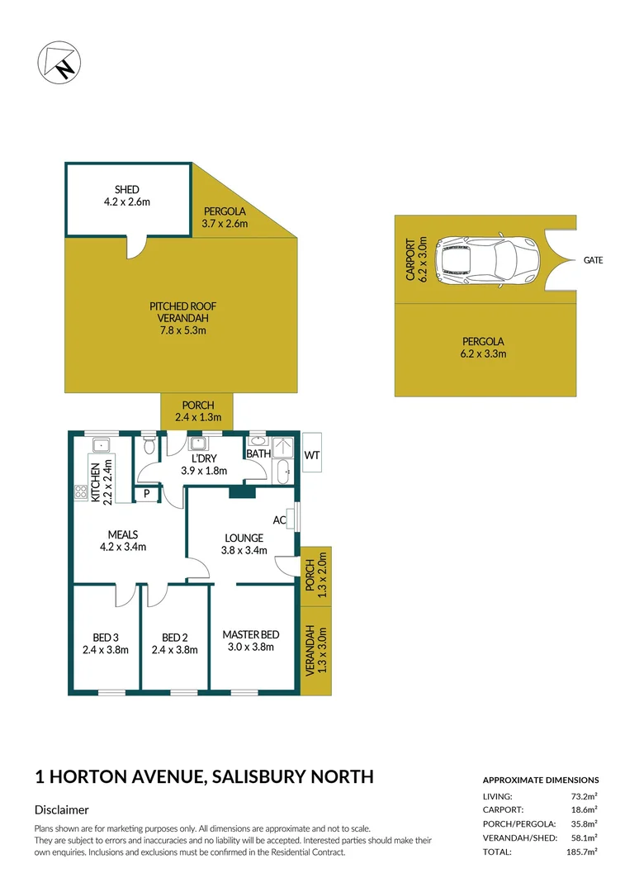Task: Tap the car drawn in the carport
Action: pyautogui.click(x=486, y=260)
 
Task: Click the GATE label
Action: pyautogui.click(x=593, y=260)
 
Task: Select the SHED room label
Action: pyautogui.click(x=127, y=191)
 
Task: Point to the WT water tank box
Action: pyautogui.click(x=312, y=453)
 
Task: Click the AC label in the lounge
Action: pyautogui.click(x=279, y=520)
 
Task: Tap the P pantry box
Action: pyautogui.click(x=146, y=494)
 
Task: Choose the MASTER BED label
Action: pyautogui.click(x=251, y=634)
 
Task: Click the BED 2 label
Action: pyautogui.click(x=175, y=637)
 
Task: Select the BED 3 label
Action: pyautogui.click(x=106, y=637)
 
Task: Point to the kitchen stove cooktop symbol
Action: pyautogui.click(x=82, y=492)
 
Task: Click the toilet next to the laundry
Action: pyautogui.click(x=149, y=447)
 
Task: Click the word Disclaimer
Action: pyautogui.click(x=61, y=810)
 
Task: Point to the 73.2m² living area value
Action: pyautogui.click(x=584, y=796)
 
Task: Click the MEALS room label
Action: pyautogui.click(x=122, y=534)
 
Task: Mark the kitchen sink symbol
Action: pyautogui.click(x=102, y=446)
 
